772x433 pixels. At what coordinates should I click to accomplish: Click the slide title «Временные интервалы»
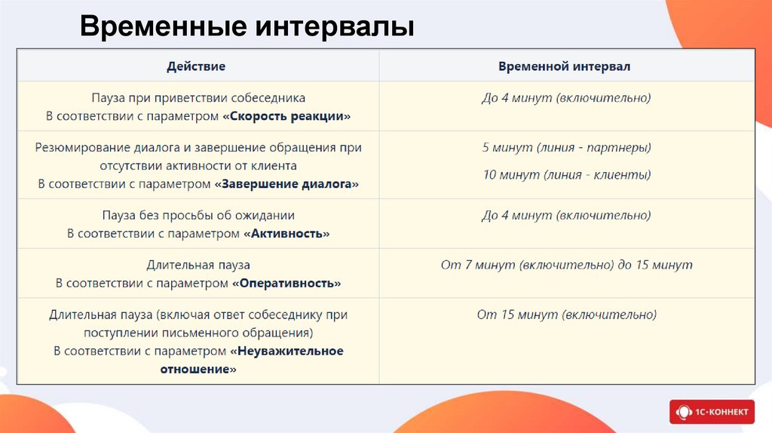(247, 26)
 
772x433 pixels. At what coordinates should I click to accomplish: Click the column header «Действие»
(196, 66)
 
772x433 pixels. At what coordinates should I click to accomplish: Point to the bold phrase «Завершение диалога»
(286, 184)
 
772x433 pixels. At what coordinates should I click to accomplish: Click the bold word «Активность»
(287, 234)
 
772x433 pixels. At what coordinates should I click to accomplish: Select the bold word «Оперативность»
(286, 284)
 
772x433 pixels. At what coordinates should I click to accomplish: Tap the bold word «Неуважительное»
(286, 352)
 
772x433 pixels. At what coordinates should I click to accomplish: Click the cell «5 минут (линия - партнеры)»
(566, 147)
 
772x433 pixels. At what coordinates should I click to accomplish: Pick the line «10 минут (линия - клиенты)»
(566, 175)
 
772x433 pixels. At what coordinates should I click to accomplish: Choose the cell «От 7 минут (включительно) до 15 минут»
(566, 266)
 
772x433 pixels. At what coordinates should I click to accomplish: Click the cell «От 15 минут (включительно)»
(566, 315)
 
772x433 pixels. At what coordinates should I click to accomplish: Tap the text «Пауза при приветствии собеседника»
(198, 98)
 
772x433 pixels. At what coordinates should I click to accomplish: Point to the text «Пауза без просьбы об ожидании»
(198, 215)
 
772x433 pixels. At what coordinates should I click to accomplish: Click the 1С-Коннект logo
(712, 411)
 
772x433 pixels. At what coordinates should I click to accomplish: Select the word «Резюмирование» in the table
(75, 148)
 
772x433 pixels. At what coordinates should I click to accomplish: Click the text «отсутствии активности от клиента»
(198, 165)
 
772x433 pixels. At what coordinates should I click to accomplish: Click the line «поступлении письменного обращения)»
(198, 333)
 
